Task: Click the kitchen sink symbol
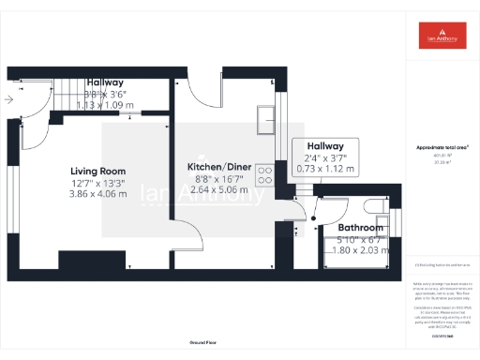[267, 117]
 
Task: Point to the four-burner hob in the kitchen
[264, 175]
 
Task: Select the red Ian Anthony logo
[442, 36]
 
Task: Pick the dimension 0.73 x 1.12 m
[324, 169]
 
